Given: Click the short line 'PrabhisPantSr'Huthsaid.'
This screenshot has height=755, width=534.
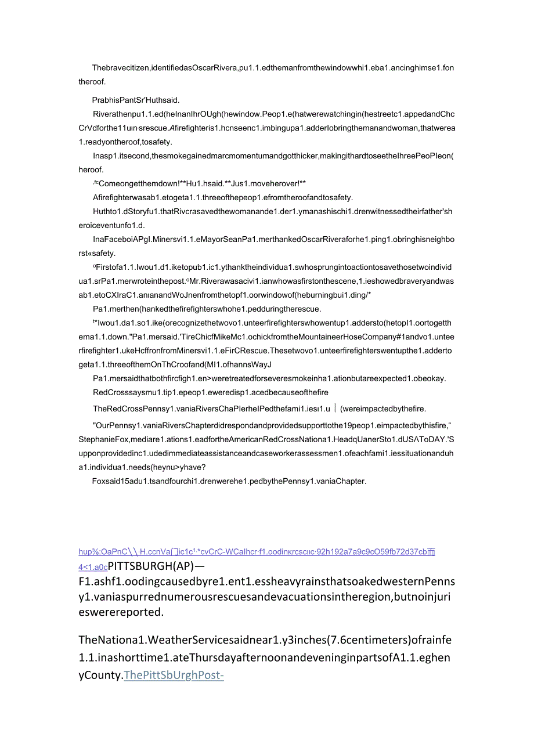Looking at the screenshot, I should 139,99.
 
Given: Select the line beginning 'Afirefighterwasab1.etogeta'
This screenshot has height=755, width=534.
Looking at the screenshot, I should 222,197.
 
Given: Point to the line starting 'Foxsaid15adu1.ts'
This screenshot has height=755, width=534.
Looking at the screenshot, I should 229,481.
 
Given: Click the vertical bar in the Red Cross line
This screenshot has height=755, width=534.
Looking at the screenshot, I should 334,407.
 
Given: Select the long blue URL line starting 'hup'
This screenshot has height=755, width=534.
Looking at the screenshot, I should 257,552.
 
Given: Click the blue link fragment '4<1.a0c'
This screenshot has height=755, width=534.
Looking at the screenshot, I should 93,567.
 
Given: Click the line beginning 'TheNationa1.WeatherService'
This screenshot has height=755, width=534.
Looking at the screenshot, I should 265,640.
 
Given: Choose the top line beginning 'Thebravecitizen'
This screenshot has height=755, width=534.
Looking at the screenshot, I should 273,68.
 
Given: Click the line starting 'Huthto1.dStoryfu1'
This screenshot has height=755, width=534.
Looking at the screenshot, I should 272,211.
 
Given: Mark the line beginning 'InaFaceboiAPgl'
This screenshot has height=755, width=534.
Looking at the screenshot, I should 273,239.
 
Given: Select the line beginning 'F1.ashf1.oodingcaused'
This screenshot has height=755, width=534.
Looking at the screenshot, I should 266,581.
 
